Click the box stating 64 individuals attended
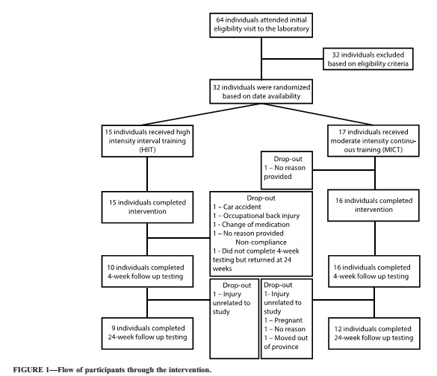pos(261,25)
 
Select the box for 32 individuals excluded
pos(368,59)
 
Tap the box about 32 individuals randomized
pos(261,92)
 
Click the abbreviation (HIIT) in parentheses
pos(147,150)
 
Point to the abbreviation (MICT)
pos(393,150)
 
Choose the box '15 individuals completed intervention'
pos(147,207)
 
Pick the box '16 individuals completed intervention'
pos(374,205)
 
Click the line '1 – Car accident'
pos(237,207)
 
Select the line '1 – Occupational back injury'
pos(256,216)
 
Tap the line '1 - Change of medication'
pos(252,225)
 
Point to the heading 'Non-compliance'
pos(261,242)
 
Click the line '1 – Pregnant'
pos(283,320)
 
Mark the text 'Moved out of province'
pos(286,342)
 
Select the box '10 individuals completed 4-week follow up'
pos(147,272)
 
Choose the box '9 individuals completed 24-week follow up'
pos(147,333)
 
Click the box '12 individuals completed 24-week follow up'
pos(374,333)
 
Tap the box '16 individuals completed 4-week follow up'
pos(374,272)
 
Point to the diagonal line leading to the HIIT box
pos(202,114)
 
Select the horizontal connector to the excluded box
pos(292,59)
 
